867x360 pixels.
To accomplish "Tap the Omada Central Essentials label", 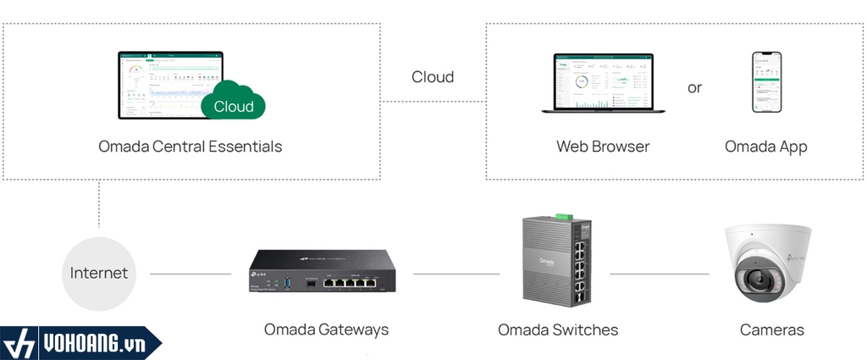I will [x=190, y=147].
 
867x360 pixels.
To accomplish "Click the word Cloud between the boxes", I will [x=433, y=77].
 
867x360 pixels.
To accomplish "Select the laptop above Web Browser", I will [x=603, y=83].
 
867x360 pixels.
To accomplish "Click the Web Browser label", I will [x=603, y=147].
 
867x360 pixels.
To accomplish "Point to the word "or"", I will [x=694, y=87].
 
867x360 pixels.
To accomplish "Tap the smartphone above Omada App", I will [x=766, y=82].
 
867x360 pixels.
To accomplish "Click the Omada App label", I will [x=765, y=147].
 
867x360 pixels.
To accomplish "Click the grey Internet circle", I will [x=99, y=273].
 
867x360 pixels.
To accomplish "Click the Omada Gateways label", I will [x=326, y=330].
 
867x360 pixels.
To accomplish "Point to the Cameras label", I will [x=771, y=330].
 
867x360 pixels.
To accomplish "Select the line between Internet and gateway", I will [x=190, y=274].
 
